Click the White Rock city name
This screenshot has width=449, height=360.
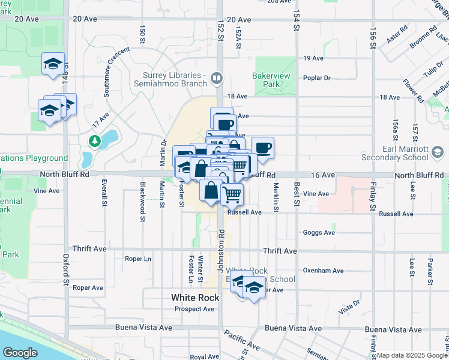coord(195,297)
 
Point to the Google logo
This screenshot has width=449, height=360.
coord(20,353)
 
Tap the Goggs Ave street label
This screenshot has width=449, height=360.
coord(319,232)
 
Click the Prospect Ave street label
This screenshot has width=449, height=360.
coord(194,309)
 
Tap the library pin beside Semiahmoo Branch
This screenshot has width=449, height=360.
coord(217,77)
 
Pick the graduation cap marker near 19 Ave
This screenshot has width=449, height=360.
coord(53,63)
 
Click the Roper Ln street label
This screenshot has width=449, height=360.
coord(137,259)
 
